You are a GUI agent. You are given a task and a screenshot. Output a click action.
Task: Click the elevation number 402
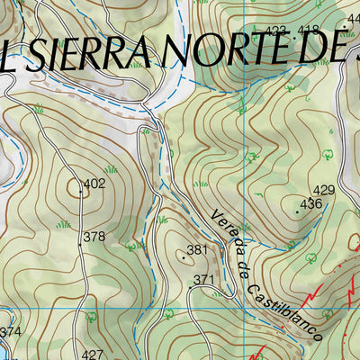click(x=94, y=184)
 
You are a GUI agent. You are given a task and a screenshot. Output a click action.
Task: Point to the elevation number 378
click(x=94, y=238)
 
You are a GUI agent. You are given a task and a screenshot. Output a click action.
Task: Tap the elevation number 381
click(x=198, y=249)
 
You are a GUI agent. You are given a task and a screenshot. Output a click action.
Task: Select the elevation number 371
click(x=204, y=280)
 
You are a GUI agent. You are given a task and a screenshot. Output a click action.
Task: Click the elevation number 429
click(x=324, y=190)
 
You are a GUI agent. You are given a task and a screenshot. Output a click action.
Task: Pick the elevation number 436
click(x=311, y=204)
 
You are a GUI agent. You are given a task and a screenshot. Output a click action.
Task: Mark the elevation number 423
click(x=276, y=31)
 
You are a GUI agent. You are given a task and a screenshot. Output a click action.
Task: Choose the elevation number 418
click(x=309, y=31)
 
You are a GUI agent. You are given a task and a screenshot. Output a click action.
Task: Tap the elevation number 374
click(x=10, y=332)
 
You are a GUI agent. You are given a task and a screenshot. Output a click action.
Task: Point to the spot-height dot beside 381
click(x=184, y=256)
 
